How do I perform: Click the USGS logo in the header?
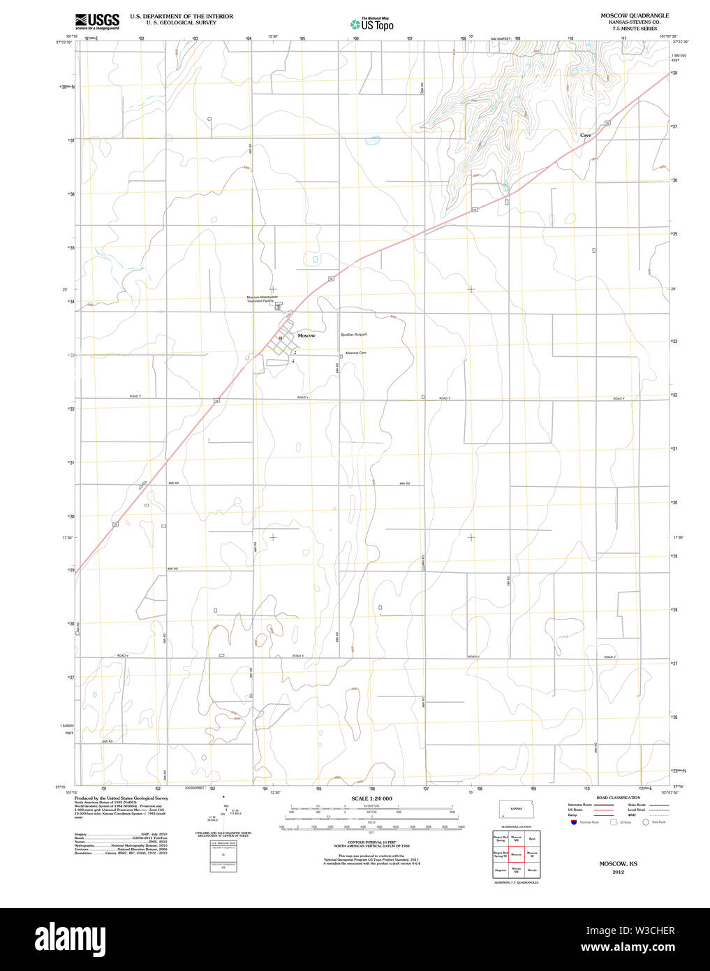click(97, 21)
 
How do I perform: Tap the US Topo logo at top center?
click(372, 24)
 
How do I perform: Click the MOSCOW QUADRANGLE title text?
click(635, 15)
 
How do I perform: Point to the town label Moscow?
click(306, 336)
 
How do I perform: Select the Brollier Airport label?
click(353, 335)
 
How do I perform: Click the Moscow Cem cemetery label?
click(356, 353)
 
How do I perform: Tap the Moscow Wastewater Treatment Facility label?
click(263, 298)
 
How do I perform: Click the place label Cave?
click(585, 135)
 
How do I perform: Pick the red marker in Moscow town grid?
click(280, 337)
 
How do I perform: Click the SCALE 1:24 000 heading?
click(371, 798)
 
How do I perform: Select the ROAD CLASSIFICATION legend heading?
click(618, 798)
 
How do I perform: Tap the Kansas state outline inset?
click(516, 810)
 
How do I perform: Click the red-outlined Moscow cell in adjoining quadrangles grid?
click(516, 854)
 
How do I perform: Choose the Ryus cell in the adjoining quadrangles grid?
click(532, 838)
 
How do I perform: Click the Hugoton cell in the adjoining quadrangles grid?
click(500, 870)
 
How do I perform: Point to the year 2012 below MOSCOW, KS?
click(618, 872)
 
